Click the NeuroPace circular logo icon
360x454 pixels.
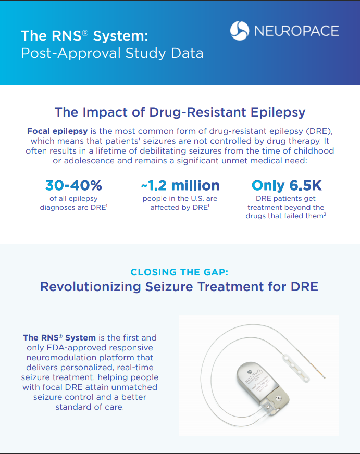240,31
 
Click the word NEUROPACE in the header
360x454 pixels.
296,31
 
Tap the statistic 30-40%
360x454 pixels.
73,185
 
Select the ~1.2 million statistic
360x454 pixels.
180,185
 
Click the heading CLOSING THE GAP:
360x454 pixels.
180,272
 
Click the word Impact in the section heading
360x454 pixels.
100,112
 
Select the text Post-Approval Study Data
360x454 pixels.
112,53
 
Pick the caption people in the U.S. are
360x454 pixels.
180,198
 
